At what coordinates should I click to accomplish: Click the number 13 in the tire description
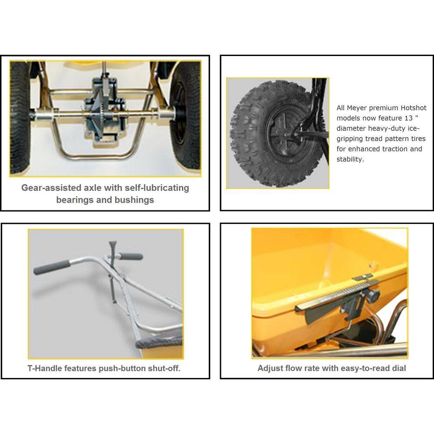(408, 118)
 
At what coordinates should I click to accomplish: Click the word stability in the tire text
(349, 159)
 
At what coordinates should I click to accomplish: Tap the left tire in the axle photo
(20, 118)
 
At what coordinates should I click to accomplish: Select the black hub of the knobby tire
(285, 133)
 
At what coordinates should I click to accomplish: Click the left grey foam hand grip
(52, 267)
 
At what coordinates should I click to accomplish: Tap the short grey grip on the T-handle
(131, 256)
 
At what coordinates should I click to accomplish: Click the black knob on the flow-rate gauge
(373, 296)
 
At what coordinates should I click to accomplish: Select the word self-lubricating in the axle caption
(157, 187)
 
